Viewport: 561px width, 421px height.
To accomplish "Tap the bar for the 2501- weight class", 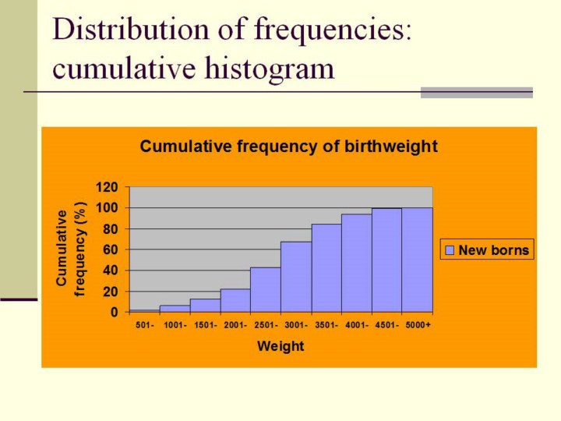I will pyautogui.click(x=266, y=290).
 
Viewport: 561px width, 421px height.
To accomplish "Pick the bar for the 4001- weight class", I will pyautogui.click(x=356, y=263).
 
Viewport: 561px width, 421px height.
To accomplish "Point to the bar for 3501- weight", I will pyautogui.click(x=326, y=268).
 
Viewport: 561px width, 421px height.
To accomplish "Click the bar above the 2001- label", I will pyautogui.click(x=235, y=300).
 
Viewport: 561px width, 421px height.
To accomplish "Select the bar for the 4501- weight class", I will pyautogui.click(x=386, y=260).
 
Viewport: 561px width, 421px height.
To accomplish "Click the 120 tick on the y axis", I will pyautogui.click(x=107, y=187).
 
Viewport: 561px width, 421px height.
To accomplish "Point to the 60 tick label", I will pyautogui.click(x=110, y=249).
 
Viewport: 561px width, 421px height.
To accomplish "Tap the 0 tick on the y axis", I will pyautogui.click(x=114, y=312).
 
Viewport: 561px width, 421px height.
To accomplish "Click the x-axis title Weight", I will pyautogui.click(x=280, y=346).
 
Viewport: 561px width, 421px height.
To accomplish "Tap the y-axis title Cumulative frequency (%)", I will pyautogui.click(x=70, y=249).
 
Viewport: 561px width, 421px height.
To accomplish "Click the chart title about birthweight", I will pyautogui.click(x=288, y=147).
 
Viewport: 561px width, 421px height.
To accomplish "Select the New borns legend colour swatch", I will pyautogui.click(x=450, y=250).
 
